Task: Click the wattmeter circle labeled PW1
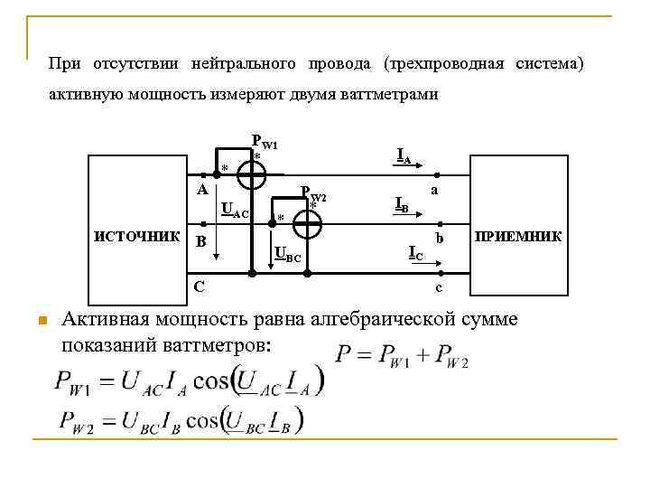click(251, 174)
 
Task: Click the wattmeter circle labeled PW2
click(307, 225)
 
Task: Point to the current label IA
click(404, 156)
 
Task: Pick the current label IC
click(415, 253)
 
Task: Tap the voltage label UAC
click(233, 211)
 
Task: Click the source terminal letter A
click(203, 190)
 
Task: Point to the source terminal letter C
click(199, 287)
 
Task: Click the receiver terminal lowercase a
click(435, 191)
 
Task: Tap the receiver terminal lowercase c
click(438, 288)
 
